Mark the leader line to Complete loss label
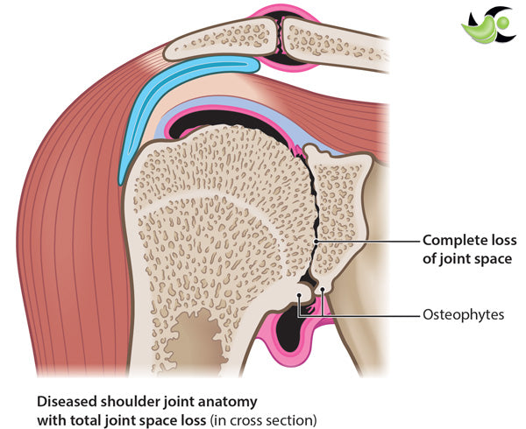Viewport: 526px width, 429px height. tap(368, 239)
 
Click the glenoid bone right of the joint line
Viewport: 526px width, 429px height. tap(338, 210)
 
